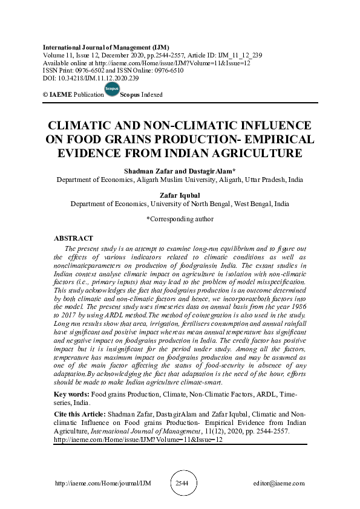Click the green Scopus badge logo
[112, 90]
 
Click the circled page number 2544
[182, 484]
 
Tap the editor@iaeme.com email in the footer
[280, 484]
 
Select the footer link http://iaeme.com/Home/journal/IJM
[94, 484]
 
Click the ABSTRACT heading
[73, 239]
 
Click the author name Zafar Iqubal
[180, 195]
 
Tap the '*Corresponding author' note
[180, 219]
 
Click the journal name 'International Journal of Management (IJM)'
[106, 47]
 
